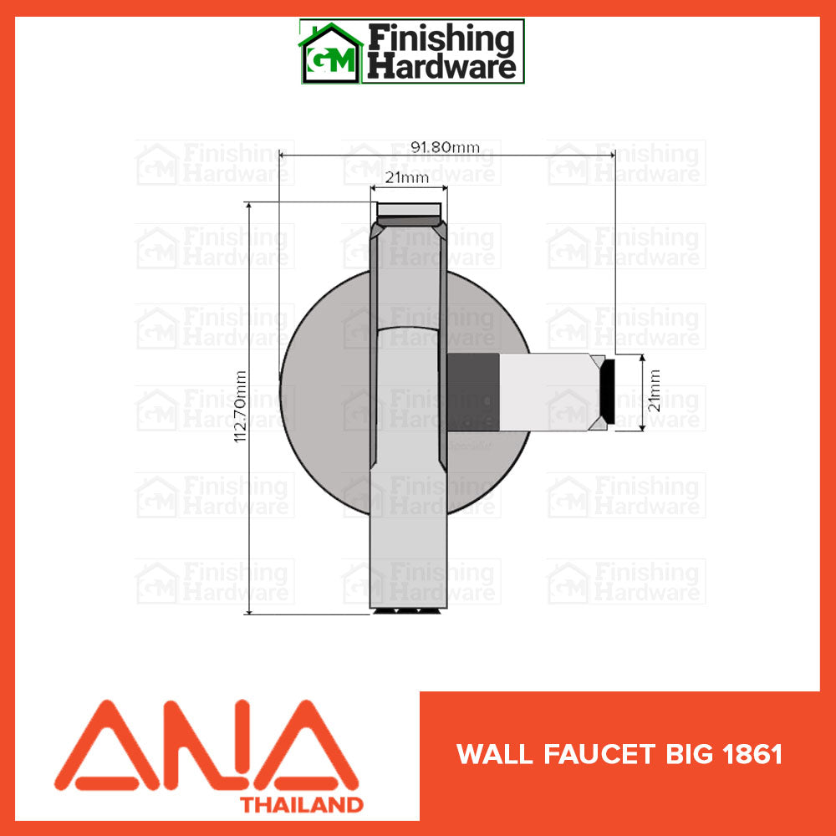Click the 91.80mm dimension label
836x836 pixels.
[446, 147]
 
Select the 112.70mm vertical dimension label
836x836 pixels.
[240, 408]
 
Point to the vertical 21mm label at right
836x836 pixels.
[655, 390]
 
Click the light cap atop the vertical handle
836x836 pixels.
[409, 209]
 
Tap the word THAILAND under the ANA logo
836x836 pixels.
[302, 805]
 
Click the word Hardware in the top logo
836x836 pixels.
[443, 67]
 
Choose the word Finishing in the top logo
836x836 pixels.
[443, 38]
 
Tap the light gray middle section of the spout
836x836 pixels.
[543, 391]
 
